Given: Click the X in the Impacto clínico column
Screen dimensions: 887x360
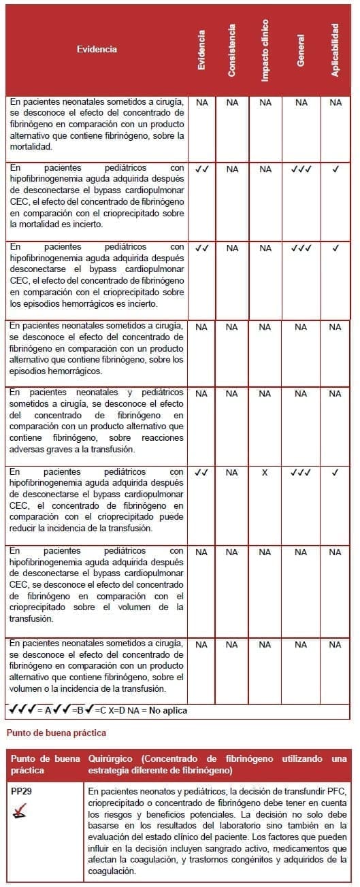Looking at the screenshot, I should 265,472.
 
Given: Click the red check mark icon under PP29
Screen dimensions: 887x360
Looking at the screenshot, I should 20,809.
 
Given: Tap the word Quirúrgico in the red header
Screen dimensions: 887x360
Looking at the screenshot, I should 110,758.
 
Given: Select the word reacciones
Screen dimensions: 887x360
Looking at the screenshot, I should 161,438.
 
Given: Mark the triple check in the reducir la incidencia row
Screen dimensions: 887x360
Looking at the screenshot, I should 301,472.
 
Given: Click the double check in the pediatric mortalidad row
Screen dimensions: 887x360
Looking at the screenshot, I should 201,169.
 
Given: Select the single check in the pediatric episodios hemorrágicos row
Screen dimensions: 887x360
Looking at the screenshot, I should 335,248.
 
